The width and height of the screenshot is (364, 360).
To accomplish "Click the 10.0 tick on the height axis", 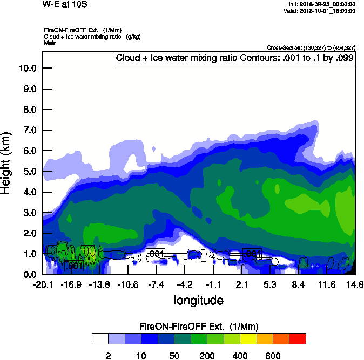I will pyautogui.click(x=27, y=68).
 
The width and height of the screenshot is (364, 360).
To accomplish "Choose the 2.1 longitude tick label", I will pyautogui.click(x=242, y=284).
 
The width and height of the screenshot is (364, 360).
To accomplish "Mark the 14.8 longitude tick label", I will pyautogui.click(x=355, y=284).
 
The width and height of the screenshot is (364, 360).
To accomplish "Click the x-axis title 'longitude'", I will pyautogui.click(x=198, y=300).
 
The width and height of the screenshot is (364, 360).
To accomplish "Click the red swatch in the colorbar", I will pyautogui.click(x=298, y=338).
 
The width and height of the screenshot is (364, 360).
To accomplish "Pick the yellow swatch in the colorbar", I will pyautogui.click(x=248, y=338).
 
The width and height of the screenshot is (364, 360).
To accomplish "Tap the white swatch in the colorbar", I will pyautogui.click(x=100, y=338).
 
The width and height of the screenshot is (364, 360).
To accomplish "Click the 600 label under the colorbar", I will pyautogui.click(x=273, y=356).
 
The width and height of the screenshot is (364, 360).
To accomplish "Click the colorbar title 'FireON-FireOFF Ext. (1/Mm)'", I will pyautogui.click(x=199, y=327).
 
